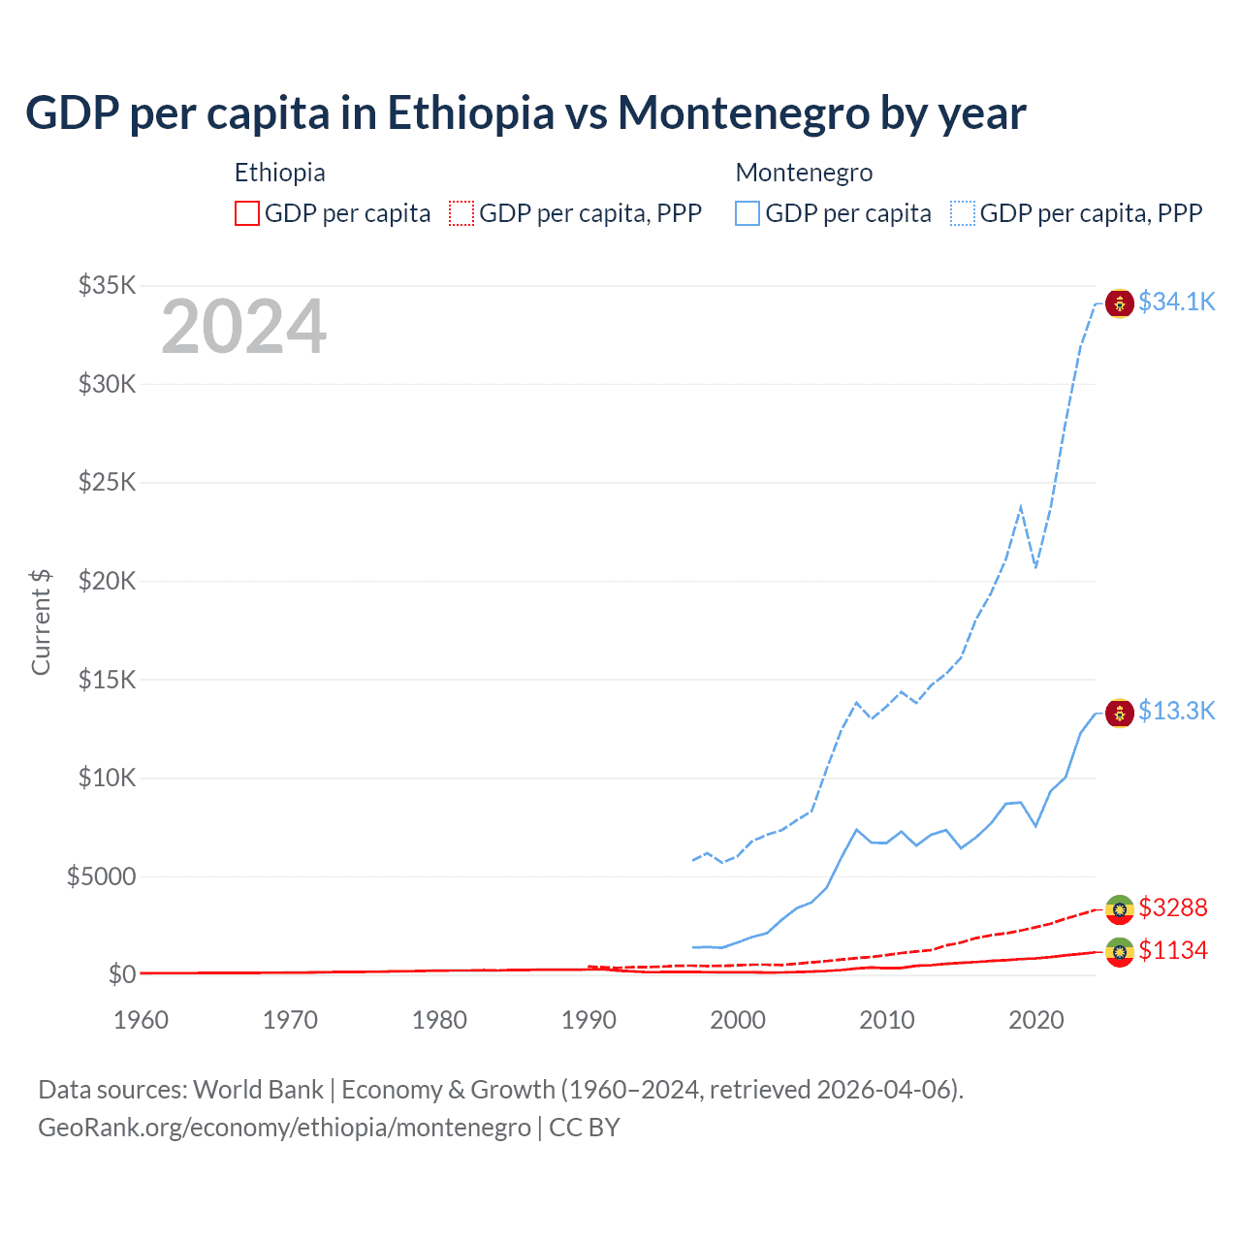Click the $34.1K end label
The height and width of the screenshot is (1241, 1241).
pyautogui.click(x=1176, y=302)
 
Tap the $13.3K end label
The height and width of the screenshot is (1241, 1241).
pyautogui.click(x=1176, y=712)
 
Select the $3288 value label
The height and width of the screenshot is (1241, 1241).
pyautogui.click(x=1173, y=907)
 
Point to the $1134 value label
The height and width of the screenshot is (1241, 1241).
pyautogui.click(x=1173, y=950)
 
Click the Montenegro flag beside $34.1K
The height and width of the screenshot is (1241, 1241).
pyautogui.click(x=1120, y=303)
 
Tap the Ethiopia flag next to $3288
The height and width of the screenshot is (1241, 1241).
pyautogui.click(x=1120, y=909)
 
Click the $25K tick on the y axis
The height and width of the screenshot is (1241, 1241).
pyautogui.click(x=108, y=483)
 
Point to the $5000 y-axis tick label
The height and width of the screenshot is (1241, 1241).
pyautogui.click(x=101, y=876)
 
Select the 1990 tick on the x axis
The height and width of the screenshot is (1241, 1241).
pyautogui.click(x=589, y=1020)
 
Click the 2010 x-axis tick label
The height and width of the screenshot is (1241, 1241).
pyautogui.click(x=887, y=1020)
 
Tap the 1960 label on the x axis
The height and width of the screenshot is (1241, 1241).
pyautogui.click(x=141, y=1020)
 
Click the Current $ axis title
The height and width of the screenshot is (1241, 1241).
pyautogui.click(x=41, y=621)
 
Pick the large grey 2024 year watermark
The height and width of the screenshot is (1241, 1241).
pyautogui.click(x=243, y=328)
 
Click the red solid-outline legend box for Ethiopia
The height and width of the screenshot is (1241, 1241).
pyautogui.click(x=247, y=213)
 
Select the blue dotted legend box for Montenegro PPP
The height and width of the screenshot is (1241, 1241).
pyautogui.click(x=963, y=213)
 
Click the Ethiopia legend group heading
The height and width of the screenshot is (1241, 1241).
pyautogui.click(x=279, y=173)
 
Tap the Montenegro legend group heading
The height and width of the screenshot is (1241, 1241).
pyautogui.click(x=804, y=173)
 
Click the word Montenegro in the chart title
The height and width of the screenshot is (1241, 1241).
pyautogui.click(x=743, y=113)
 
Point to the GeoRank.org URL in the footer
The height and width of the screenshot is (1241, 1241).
pyautogui.click(x=284, y=1128)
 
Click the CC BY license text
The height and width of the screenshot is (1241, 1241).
pyautogui.click(x=585, y=1128)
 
